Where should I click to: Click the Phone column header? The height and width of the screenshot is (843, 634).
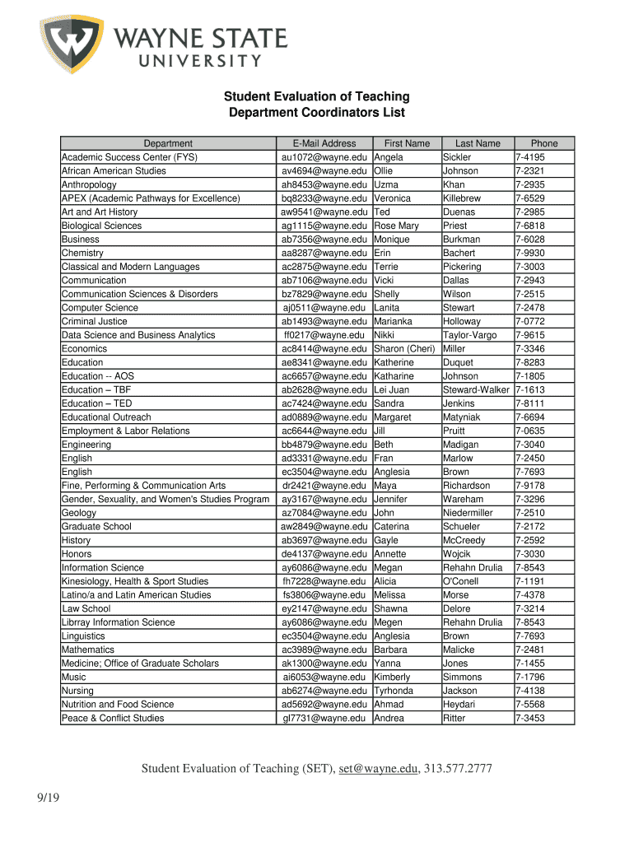[543, 143]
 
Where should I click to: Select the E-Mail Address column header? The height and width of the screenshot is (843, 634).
[324, 143]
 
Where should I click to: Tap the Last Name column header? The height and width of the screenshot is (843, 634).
[478, 143]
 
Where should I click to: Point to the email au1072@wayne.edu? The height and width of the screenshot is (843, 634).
[324, 157]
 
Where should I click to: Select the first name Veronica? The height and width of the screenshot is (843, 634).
[393, 198]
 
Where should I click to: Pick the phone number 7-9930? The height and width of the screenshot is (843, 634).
[530, 253]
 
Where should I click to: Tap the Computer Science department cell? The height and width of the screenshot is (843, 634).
[100, 308]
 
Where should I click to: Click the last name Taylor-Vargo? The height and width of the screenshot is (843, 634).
[470, 335]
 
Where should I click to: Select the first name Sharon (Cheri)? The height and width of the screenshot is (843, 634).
[404, 349]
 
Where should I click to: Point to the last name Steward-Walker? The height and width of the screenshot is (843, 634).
[476, 389]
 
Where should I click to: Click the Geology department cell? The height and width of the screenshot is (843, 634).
[79, 513]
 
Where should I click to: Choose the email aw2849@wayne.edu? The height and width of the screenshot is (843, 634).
[324, 527]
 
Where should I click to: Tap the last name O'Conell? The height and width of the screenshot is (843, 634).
[460, 581]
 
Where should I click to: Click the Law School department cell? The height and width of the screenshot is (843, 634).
[86, 608]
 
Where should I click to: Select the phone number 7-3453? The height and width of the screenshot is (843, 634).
[530, 718]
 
